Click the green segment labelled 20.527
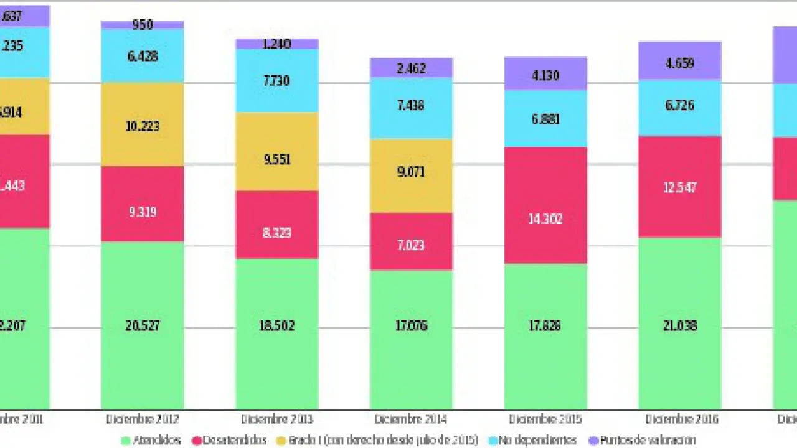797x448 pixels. point(143,325)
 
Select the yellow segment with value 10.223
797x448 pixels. point(143,125)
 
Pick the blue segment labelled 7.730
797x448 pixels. point(276,81)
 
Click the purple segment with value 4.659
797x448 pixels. point(679,62)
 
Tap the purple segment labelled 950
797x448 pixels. point(143,25)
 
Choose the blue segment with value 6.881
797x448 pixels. point(545,118)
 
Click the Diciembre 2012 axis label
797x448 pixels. point(143,419)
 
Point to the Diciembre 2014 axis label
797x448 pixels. point(411,419)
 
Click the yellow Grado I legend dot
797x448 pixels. point(282,441)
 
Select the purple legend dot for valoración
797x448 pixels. point(593,441)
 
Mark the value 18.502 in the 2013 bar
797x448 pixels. point(276,325)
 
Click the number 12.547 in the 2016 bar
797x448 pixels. point(679,187)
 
